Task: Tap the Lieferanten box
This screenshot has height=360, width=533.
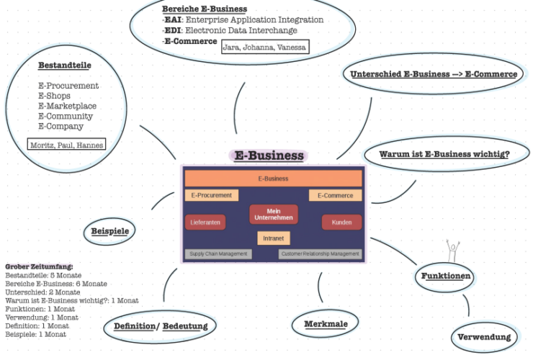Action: coord(205,223)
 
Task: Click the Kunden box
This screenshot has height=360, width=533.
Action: coord(341,223)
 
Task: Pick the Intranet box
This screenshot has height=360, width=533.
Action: coord(273,238)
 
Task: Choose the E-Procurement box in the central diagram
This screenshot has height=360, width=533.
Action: coord(212,195)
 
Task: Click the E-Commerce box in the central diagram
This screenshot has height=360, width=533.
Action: coord(335,195)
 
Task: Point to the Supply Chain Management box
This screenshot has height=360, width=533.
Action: coord(218,253)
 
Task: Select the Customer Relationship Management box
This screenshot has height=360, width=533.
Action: coord(320,253)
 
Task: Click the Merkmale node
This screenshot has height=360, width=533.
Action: coord(326,324)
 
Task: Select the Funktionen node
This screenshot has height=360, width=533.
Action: coord(447,276)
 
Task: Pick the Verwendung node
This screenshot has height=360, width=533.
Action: coord(484,336)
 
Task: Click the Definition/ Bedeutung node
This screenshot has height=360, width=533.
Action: coord(161,326)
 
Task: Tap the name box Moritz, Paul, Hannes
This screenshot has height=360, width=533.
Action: coord(66,145)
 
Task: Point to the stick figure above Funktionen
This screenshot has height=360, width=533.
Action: coord(452,251)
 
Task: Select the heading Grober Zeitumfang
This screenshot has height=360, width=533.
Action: coord(39,266)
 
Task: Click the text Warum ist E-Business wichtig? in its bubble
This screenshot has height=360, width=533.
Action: coord(445,154)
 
